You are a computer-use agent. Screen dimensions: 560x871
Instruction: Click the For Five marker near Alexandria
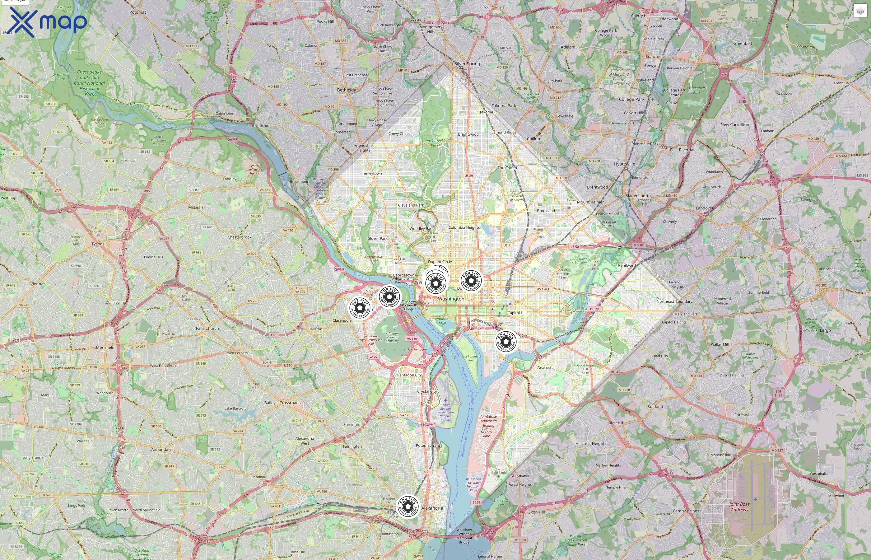(x=408, y=506)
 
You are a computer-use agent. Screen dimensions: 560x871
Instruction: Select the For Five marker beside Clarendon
(x=360, y=308)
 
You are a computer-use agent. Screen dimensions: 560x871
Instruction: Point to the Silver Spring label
(x=468, y=64)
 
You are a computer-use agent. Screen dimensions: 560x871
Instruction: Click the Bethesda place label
(x=347, y=90)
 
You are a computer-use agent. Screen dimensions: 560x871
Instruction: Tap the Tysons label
(x=98, y=244)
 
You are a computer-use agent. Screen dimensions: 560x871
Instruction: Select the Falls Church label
(x=207, y=328)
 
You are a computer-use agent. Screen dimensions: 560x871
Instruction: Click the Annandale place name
(x=161, y=450)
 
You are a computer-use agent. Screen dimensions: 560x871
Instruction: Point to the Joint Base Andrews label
(x=739, y=507)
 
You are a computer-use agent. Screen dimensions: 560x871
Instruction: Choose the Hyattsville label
(x=624, y=164)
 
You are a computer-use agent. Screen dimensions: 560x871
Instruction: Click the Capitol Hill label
(x=517, y=313)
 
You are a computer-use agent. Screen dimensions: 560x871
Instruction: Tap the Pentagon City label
(x=409, y=375)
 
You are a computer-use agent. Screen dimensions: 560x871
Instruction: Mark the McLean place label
(x=196, y=207)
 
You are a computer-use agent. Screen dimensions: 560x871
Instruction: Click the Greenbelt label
(x=742, y=43)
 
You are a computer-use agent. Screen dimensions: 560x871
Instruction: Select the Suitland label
(x=655, y=407)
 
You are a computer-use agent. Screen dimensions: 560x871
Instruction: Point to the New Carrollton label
(x=735, y=124)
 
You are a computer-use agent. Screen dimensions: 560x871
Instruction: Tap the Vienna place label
(x=37, y=284)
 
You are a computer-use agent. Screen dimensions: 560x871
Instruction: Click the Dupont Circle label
(x=440, y=262)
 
